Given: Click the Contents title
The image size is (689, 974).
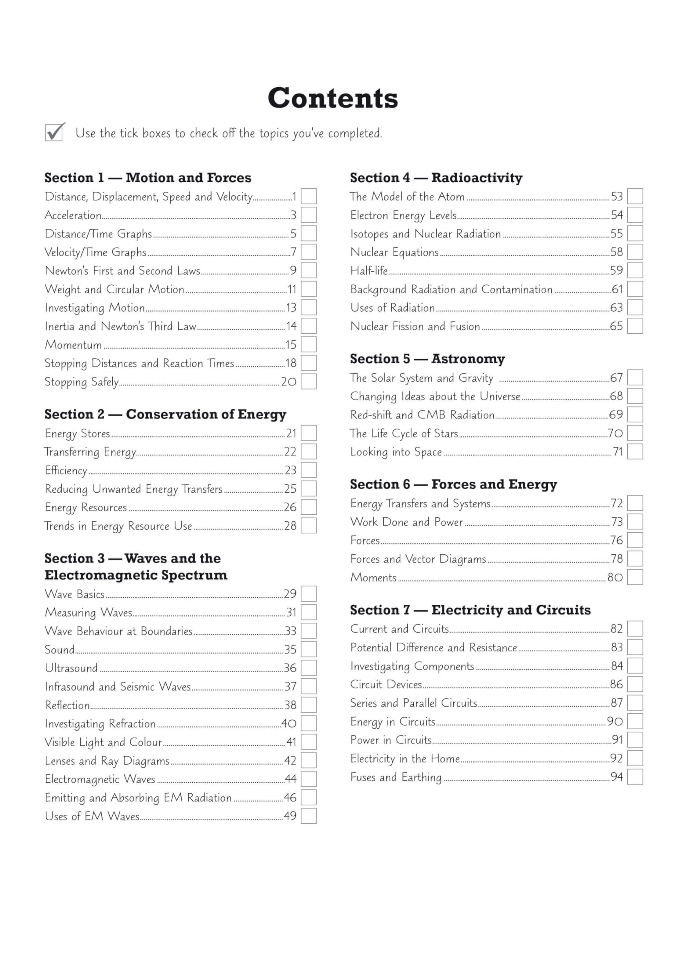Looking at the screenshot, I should tap(333, 99).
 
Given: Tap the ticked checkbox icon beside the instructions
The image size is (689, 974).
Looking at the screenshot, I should tap(54, 132).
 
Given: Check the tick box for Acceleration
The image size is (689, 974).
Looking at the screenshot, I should tap(309, 215).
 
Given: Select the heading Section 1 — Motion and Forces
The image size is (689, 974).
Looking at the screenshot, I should tap(148, 178).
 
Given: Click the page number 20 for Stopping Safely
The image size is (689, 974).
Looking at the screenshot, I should tap(289, 382).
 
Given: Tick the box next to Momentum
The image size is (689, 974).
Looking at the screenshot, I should tap(309, 344).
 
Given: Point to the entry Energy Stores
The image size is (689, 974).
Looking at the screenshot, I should tap(77, 434).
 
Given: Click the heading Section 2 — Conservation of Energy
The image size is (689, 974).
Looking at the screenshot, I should tap(165, 414).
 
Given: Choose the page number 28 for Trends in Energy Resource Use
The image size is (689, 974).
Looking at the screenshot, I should tap(290, 526).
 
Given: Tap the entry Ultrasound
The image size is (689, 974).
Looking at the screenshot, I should tap(71, 668).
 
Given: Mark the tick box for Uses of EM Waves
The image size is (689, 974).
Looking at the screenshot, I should tap(309, 816).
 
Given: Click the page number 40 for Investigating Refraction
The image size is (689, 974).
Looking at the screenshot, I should tap(289, 723).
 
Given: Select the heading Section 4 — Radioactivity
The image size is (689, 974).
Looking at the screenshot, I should tap(436, 178).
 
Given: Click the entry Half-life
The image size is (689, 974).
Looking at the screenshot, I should tap(369, 271).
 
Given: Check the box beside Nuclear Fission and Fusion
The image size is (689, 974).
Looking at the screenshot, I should tap(635, 326).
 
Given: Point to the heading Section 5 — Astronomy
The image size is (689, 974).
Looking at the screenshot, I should tap(427, 359).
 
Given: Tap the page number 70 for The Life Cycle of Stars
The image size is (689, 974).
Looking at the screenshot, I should tap(615, 434).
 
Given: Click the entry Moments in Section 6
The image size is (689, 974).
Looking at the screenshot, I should tap(373, 578).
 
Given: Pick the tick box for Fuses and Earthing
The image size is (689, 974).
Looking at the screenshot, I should tap(635, 777).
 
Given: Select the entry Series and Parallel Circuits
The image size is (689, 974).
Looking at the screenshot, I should tap(413, 703).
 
